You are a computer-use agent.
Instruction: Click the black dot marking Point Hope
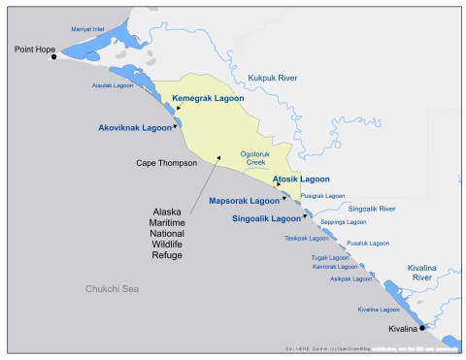pos(54,56)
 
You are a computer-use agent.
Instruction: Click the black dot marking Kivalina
pos(421,328)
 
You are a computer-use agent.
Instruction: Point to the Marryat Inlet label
pos(89,29)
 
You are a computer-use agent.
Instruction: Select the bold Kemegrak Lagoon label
pos(207,99)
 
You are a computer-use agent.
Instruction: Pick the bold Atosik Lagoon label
pos(301,180)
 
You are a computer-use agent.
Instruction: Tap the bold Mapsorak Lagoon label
pos(244,201)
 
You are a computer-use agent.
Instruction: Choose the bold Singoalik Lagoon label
pos(268,218)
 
